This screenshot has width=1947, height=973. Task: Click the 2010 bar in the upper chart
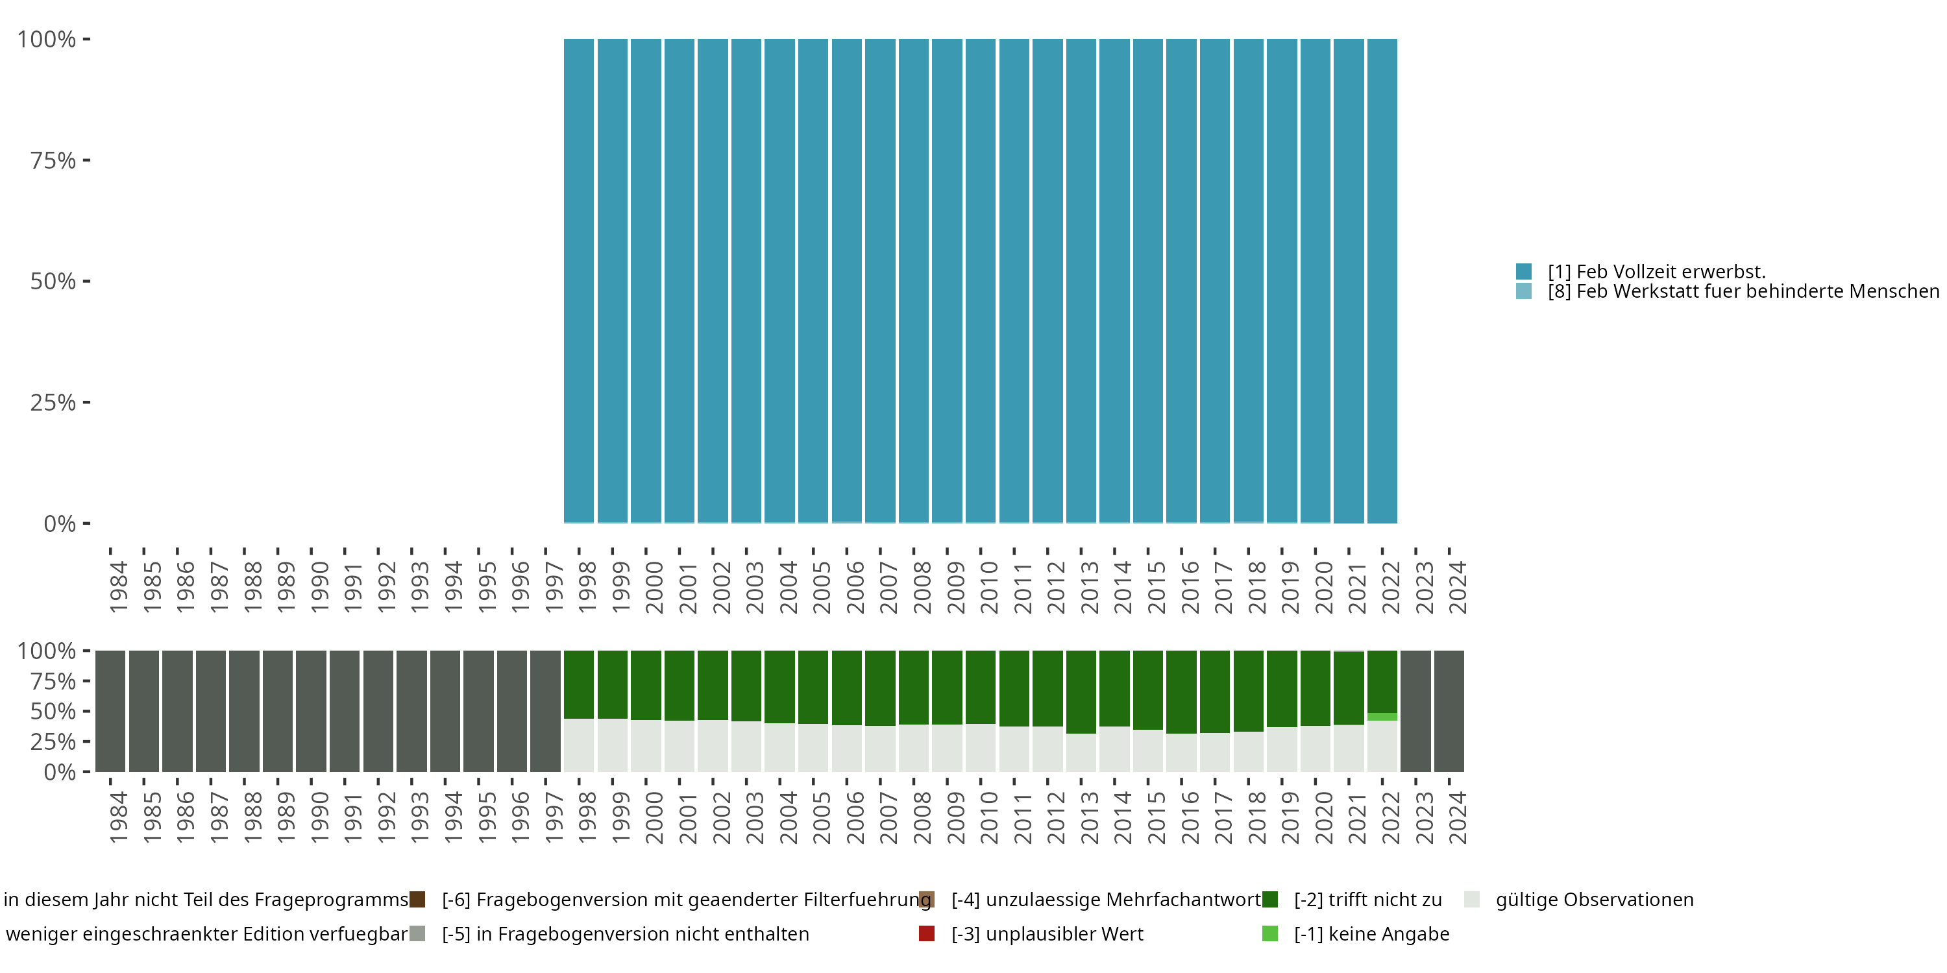[x=980, y=280]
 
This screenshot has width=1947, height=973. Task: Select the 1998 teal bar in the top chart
[x=578, y=280]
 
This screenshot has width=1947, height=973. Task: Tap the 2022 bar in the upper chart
[x=1382, y=280]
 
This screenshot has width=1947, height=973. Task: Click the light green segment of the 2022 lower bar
[x=1382, y=716]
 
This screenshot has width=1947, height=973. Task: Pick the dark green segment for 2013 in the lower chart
[x=1081, y=691]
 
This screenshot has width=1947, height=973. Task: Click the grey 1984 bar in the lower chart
[x=110, y=711]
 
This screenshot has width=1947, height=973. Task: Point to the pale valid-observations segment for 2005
[x=813, y=748]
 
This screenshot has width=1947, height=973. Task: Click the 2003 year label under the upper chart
[x=754, y=587]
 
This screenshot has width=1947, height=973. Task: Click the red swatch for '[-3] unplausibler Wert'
[x=927, y=933]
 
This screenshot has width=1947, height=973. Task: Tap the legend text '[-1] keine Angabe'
[x=1371, y=933]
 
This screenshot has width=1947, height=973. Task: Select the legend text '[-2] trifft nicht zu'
[x=1367, y=900]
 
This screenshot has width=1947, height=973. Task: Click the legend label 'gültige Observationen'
[x=1594, y=900]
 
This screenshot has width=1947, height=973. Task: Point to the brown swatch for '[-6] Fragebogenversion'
[x=417, y=900]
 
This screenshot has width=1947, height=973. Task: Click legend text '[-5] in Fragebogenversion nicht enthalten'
[x=625, y=933]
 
